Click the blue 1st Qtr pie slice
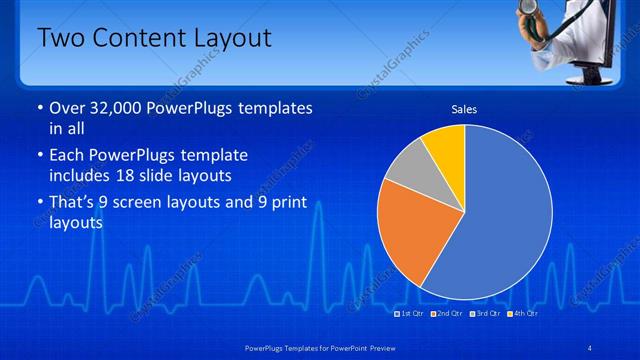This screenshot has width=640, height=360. [500, 215]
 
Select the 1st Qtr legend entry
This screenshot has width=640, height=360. [411, 313]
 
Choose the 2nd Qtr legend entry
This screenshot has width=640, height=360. [447, 313]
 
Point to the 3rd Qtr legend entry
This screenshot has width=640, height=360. [484, 313]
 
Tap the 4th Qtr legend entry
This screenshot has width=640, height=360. [522, 313]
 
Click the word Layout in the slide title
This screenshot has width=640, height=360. [225, 39]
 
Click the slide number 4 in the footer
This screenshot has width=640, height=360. [591, 347]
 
